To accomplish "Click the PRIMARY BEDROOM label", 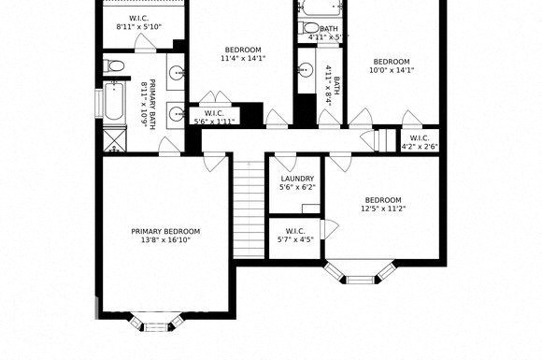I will [x=164, y=231].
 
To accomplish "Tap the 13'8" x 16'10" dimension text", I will [x=164, y=240].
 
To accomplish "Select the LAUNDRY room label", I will [x=296, y=179].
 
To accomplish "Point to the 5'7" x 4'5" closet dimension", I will [x=294, y=239].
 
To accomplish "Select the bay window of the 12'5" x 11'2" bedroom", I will [x=360, y=276].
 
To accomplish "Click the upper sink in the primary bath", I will [x=175, y=73].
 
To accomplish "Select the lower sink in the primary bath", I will [x=175, y=114].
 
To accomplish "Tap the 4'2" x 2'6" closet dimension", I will [x=419, y=146].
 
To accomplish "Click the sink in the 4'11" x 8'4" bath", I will [x=305, y=70].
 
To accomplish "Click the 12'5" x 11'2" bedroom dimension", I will [x=382, y=209].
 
